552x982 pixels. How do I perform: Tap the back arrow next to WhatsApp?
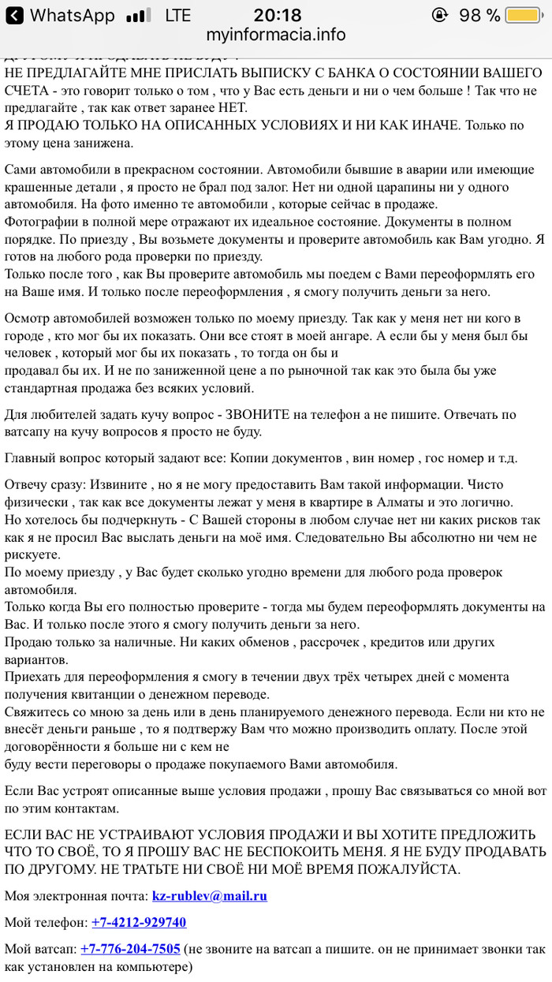[14, 15]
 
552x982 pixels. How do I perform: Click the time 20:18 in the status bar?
[277, 15]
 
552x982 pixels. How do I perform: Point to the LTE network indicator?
[177, 15]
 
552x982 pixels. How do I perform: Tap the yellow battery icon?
[523, 15]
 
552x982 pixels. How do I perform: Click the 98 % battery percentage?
[479, 15]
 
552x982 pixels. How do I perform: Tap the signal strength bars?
[139, 16]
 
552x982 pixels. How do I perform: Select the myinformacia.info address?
[276, 35]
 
